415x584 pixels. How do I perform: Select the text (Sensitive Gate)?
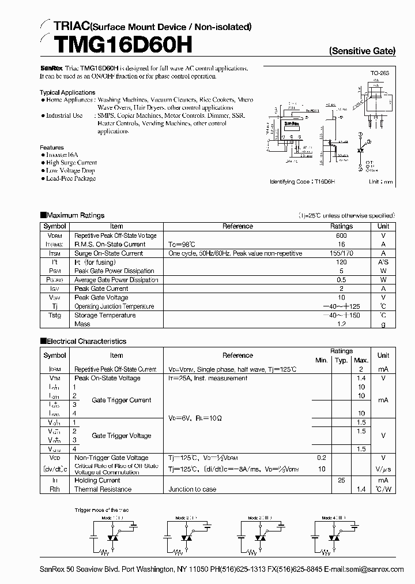click(363, 51)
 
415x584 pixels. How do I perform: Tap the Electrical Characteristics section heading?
click(86, 341)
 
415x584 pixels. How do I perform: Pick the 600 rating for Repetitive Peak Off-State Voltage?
click(341, 235)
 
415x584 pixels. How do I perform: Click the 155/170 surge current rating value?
click(341, 253)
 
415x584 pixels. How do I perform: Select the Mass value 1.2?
click(341, 324)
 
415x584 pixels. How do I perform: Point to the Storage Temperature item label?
click(105, 316)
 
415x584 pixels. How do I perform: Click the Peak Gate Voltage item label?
click(101, 298)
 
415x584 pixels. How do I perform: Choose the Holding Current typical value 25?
click(341, 480)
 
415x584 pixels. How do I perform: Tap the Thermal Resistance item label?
click(103, 489)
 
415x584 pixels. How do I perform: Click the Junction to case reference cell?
click(193, 489)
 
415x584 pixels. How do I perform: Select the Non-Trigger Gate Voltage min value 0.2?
click(321, 458)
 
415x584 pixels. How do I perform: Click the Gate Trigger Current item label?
click(122, 400)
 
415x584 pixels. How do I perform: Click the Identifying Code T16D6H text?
click(303, 181)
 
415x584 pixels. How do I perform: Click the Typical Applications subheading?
click(67, 92)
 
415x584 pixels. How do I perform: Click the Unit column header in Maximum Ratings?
click(383, 226)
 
